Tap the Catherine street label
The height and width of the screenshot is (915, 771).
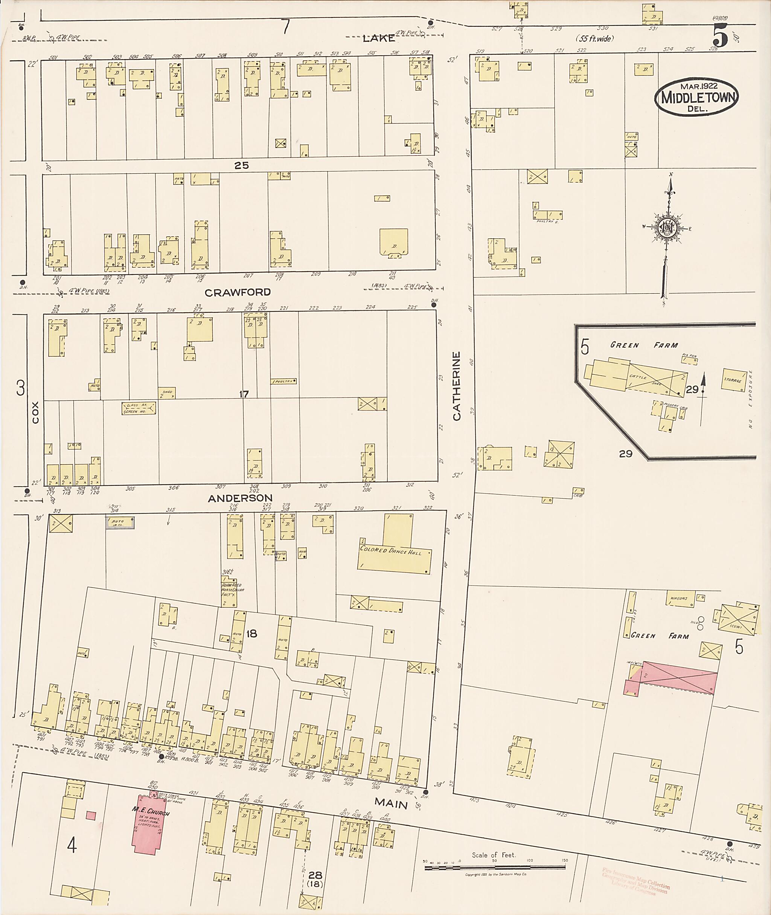(x=457, y=386)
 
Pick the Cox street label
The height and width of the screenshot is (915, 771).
(x=35, y=412)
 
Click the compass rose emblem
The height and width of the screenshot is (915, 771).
(x=667, y=228)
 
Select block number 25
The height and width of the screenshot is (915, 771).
(x=241, y=165)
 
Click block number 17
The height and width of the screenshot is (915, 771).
(x=244, y=394)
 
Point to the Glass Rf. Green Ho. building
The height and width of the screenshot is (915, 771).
(x=139, y=408)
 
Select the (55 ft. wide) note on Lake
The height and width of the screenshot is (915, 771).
(x=594, y=38)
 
